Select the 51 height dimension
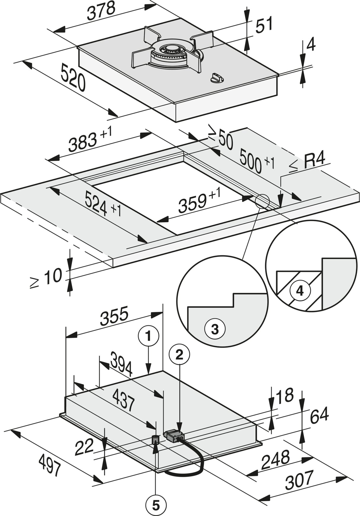[264, 25]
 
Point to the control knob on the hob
[216, 78]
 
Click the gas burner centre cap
[171, 49]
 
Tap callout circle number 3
[215, 329]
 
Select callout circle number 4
[300, 291]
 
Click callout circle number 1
[148, 336]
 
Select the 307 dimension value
[299, 480]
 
